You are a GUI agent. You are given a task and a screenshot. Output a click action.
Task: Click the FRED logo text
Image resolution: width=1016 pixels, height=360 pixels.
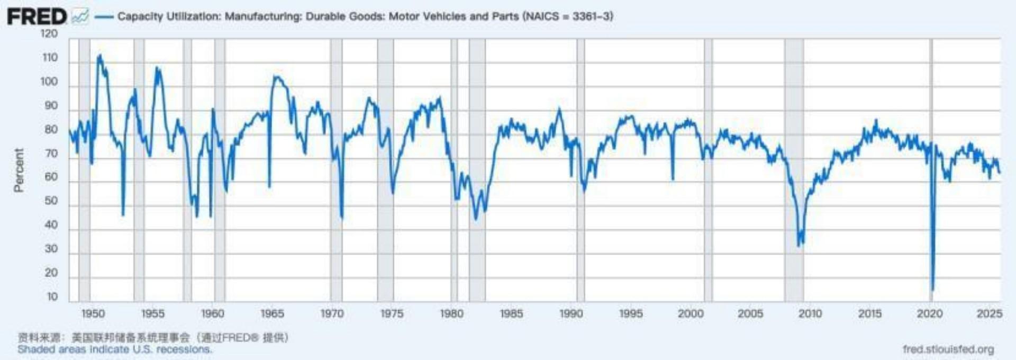click(x=37, y=16)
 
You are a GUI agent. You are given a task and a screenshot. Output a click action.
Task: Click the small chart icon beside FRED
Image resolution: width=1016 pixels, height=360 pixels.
click(x=80, y=17)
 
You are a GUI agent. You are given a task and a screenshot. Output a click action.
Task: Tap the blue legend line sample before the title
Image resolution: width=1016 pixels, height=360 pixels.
click(x=104, y=17)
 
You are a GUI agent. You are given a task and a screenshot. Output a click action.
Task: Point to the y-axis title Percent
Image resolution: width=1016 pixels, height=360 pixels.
click(x=19, y=169)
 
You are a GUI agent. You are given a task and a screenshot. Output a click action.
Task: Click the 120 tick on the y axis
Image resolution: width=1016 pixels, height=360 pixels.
click(x=49, y=34)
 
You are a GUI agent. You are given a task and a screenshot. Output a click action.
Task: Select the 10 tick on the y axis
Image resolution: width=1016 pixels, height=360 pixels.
click(x=52, y=296)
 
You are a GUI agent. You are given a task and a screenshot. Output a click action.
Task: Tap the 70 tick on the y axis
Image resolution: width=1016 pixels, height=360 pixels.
click(x=51, y=154)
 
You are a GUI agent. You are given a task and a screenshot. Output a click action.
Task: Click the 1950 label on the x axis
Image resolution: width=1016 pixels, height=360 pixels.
click(x=93, y=313)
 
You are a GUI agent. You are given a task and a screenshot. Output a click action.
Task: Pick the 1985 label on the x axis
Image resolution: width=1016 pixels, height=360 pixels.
click(x=511, y=313)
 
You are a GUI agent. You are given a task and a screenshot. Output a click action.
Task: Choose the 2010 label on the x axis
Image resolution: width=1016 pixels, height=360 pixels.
click(x=810, y=313)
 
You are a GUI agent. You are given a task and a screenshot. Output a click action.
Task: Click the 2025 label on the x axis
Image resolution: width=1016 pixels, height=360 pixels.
click(x=989, y=313)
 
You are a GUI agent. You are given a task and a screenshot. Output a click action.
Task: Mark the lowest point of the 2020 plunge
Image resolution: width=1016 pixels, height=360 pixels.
click(x=932, y=289)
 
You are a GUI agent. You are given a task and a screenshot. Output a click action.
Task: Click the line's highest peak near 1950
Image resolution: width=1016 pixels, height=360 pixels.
click(x=99, y=55)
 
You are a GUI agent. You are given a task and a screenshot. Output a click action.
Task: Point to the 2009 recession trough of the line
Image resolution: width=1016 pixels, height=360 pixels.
click(x=799, y=245)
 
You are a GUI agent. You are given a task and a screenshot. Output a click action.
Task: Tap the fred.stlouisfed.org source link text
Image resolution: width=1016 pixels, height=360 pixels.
click(x=948, y=349)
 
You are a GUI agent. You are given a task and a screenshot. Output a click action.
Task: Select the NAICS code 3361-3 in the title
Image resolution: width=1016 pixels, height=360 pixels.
click(x=592, y=16)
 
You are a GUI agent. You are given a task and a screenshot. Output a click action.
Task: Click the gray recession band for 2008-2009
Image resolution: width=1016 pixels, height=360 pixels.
click(x=794, y=169)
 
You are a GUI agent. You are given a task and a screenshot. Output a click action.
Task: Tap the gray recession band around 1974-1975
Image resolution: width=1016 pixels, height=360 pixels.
click(x=385, y=169)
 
